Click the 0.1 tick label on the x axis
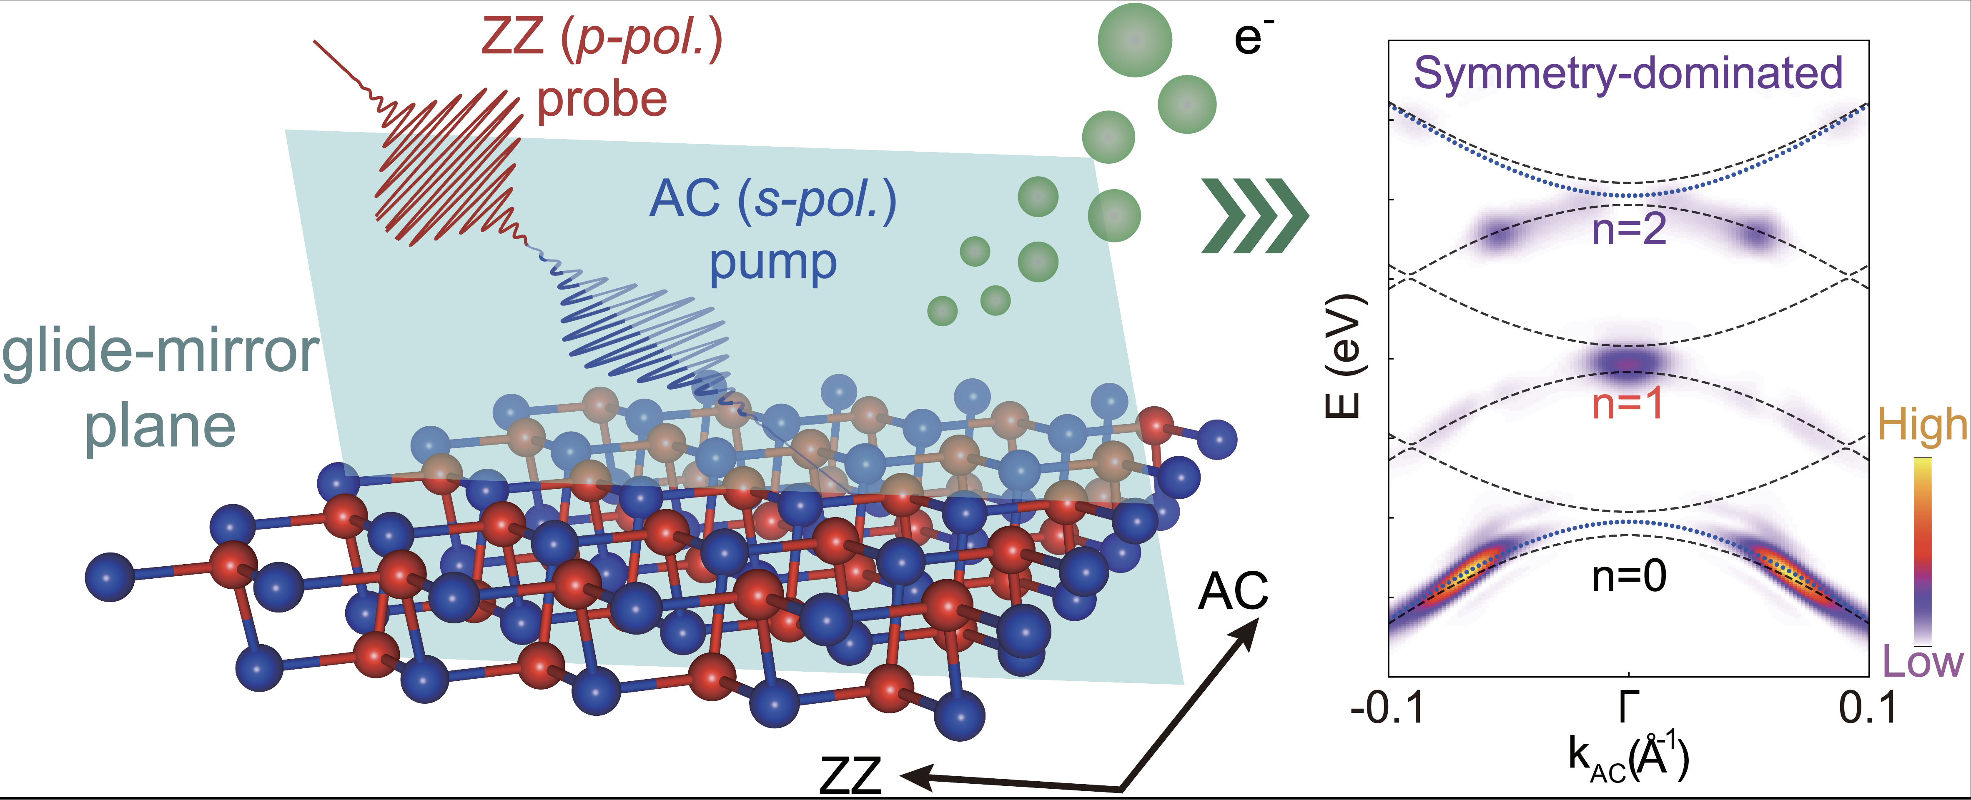[x=1868, y=708]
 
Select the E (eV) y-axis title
[x=1344, y=356]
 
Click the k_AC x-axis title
[x=1628, y=760]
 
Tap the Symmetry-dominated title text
[x=1628, y=73]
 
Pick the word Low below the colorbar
[x=1922, y=662]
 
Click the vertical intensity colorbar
[x=1922, y=551]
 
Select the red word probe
[x=602, y=100]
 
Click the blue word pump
[x=773, y=262]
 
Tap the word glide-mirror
[x=160, y=352]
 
